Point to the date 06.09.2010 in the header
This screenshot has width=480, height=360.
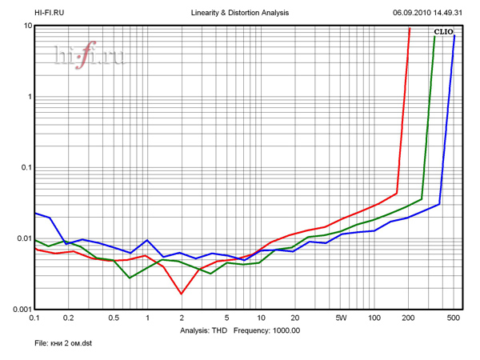tap(411, 13)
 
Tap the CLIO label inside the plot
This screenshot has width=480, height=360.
tap(443, 32)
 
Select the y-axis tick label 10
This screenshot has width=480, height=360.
tap(26, 26)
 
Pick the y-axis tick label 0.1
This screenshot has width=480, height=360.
tap(24, 168)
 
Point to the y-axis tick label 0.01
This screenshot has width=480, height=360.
tap(22, 239)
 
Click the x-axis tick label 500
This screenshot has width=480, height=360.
tap(454, 318)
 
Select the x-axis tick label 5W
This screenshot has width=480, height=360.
tap(341, 318)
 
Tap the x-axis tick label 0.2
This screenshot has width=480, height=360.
tap(69, 318)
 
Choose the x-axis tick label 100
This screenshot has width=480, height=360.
tap(374, 318)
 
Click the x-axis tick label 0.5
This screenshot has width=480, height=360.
tap(114, 318)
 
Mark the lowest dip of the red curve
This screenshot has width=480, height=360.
tap(182, 294)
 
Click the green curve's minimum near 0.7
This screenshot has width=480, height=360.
tap(130, 278)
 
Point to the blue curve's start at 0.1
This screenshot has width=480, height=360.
tap(35, 213)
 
